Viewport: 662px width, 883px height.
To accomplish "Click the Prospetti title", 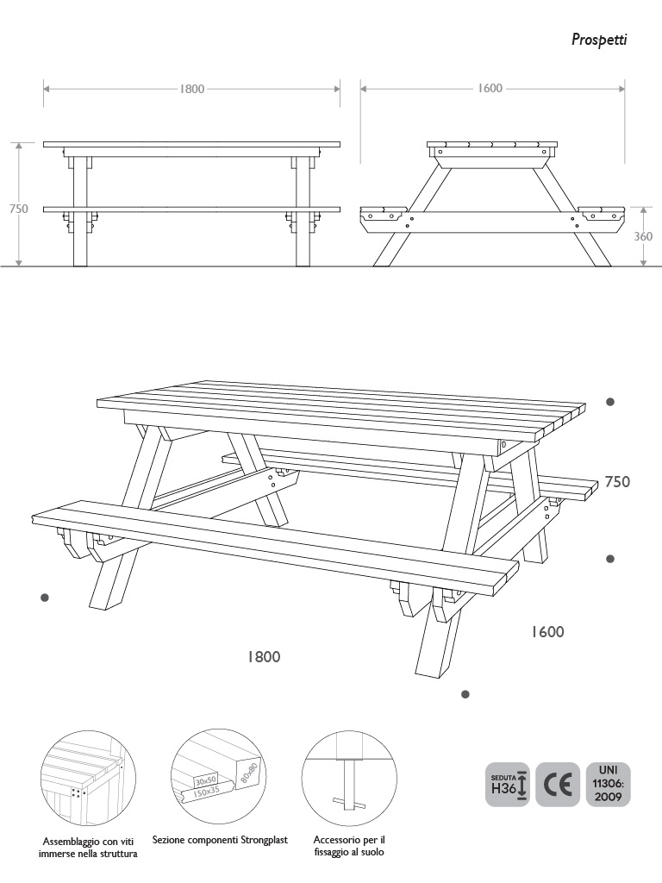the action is click(599, 40).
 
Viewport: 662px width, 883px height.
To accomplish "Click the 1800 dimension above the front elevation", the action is click(192, 89).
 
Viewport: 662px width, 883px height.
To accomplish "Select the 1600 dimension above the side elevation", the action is click(490, 89).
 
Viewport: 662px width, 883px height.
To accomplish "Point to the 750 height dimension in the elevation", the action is click(19, 209).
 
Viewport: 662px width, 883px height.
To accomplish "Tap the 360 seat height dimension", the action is click(643, 236).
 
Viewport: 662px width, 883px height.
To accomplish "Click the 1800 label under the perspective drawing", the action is click(264, 656).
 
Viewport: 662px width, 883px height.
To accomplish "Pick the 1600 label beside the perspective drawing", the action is click(547, 632).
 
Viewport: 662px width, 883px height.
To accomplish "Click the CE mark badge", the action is click(558, 785).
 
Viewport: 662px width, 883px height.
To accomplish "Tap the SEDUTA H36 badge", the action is click(507, 785).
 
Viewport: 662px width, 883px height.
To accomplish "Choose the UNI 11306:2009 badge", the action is click(608, 785).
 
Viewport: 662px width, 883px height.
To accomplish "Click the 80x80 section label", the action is click(248, 775).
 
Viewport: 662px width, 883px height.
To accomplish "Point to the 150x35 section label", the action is click(207, 792).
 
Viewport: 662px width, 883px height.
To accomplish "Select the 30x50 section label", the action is click(206, 780).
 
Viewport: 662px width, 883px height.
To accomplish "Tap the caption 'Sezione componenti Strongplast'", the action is click(220, 840).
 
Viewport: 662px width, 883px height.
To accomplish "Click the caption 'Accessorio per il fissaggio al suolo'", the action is click(349, 846).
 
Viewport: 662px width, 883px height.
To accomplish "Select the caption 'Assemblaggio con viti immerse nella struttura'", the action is click(88, 848).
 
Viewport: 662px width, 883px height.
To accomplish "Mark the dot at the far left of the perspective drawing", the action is click(45, 598).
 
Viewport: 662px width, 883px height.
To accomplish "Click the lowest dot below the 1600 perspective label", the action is click(465, 694).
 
